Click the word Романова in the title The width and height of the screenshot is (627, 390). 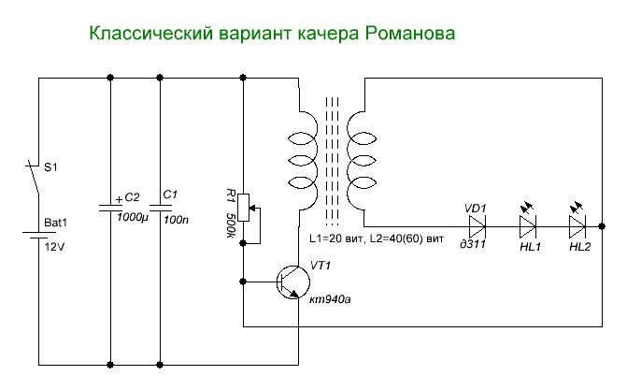coord(410,34)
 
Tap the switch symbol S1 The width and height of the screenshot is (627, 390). coord(33,178)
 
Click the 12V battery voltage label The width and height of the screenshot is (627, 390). coord(54,247)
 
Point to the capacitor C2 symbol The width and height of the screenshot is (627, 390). coord(111,207)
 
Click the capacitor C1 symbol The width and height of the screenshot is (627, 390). coord(161,208)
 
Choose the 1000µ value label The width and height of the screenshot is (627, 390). coord(133,218)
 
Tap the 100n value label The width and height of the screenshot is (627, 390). coord(176,220)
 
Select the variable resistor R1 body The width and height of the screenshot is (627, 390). coord(243,208)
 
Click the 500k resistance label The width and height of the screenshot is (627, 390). coord(230,225)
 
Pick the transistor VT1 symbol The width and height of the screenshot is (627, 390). coord(292,282)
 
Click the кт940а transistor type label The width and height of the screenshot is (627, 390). coord(330,299)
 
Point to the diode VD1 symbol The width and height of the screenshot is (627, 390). coord(477,226)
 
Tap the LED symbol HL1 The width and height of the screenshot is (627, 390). coord(528,223)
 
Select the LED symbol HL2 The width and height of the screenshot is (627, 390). coord(577,223)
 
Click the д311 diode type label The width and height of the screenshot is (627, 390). coord(473,244)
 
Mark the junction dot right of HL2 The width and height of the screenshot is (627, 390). coord(602,226)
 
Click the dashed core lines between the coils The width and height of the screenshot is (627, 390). coord(333,161)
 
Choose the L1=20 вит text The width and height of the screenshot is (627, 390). coord(336,238)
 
